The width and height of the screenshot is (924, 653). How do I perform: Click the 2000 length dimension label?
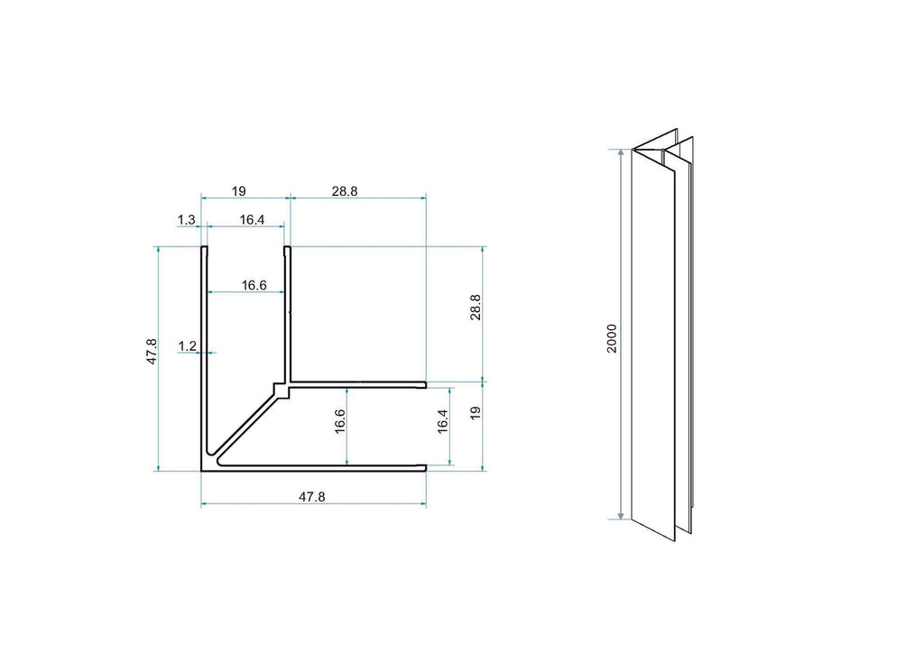tap(612, 338)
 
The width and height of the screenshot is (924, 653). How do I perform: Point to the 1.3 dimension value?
tap(186, 220)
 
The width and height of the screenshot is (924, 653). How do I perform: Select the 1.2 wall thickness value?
tap(188, 346)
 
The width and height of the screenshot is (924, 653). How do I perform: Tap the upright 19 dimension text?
tap(238, 191)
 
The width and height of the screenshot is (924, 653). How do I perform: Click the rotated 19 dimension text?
tap(476, 413)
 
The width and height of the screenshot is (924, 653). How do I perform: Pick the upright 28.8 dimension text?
tap(345, 191)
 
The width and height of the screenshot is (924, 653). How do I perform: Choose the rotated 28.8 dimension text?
tap(476, 308)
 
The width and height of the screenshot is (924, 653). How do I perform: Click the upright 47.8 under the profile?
tap(311, 497)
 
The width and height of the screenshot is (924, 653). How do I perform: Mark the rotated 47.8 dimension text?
tap(152, 352)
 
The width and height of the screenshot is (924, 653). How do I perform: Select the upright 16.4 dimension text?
tap(253, 220)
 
